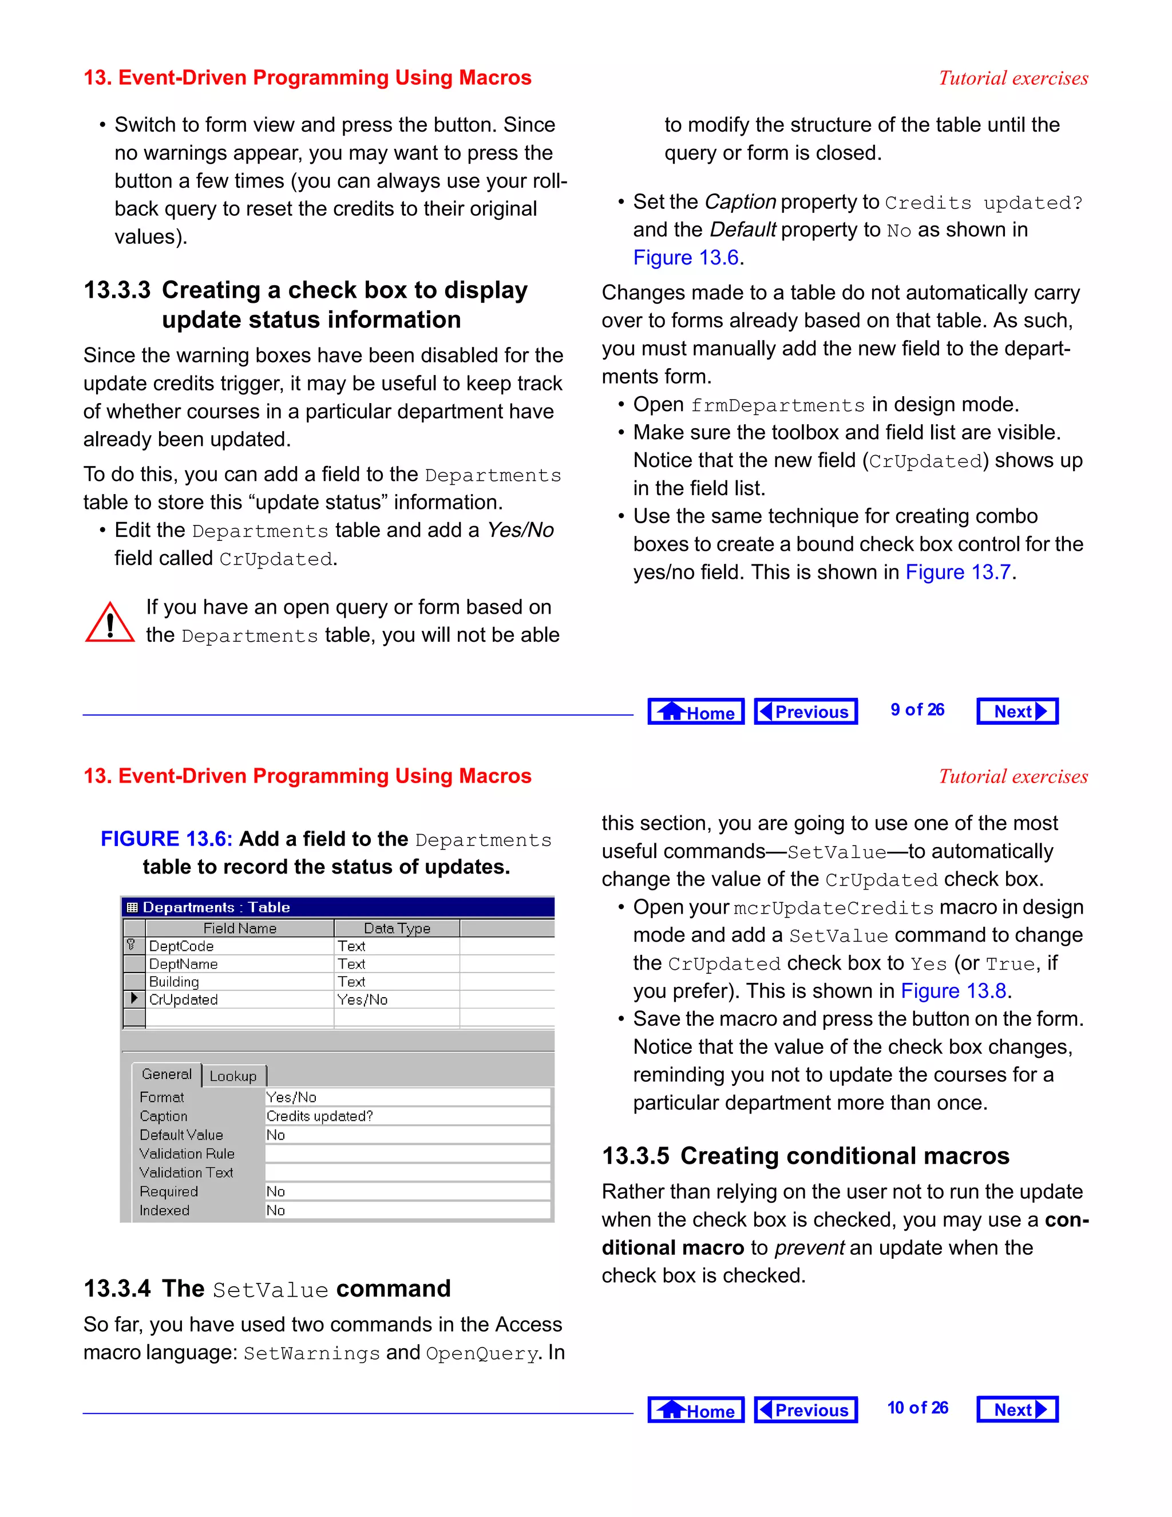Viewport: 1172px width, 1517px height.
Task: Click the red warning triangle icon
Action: click(110, 622)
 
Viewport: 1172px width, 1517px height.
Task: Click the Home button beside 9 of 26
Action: click(696, 711)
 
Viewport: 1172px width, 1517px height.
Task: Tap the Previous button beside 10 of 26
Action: click(805, 1409)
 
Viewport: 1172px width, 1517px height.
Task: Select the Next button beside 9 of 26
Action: click(1017, 711)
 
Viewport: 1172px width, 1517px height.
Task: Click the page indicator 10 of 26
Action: click(917, 1408)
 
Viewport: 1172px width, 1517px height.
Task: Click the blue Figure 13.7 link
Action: click(957, 572)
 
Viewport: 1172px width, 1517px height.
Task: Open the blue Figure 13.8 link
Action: click(953, 991)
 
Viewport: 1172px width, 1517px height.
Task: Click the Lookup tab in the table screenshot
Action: click(233, 1076)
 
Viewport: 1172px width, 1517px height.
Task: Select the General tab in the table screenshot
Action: click(167, 1074)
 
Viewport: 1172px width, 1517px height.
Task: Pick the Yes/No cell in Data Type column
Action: click(362, 1000)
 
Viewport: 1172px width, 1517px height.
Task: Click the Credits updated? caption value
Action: click(320, 1116)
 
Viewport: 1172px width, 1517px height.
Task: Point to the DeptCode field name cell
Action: click(182, 946)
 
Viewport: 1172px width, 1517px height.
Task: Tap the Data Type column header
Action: click(397, 928)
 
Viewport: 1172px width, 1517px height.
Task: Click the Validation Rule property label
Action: click(187, 1153)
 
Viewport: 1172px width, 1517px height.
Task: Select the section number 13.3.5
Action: click(635, 1156)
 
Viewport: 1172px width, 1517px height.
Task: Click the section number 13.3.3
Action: click(117, 290)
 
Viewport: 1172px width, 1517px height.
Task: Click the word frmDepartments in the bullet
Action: click(778, 406)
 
